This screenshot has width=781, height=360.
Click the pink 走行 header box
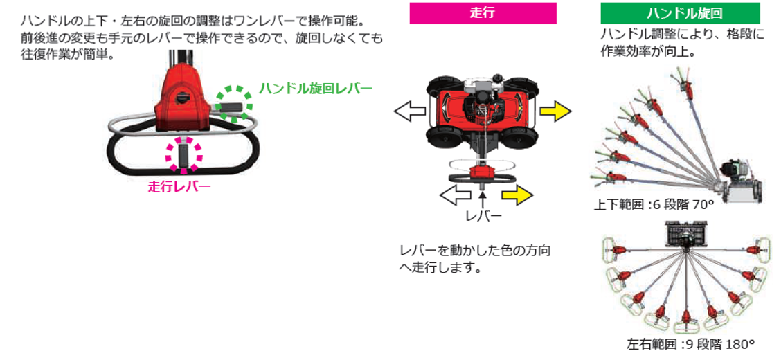point(483,13)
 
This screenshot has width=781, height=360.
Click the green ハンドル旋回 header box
point(680,13)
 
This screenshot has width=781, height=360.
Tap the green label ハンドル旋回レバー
point(315,89)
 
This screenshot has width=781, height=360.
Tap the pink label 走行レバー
point(179,186)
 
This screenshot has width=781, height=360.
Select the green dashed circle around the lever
point(233,105)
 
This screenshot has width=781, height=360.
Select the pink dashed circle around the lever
point(183,154)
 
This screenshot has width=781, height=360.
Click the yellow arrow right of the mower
point(556,110)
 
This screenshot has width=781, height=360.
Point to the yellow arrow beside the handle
point(517,195)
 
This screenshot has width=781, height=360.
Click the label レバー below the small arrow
point(483,216)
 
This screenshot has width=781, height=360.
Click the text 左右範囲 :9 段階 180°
point(690,343)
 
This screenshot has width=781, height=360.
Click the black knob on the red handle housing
point(183,98)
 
